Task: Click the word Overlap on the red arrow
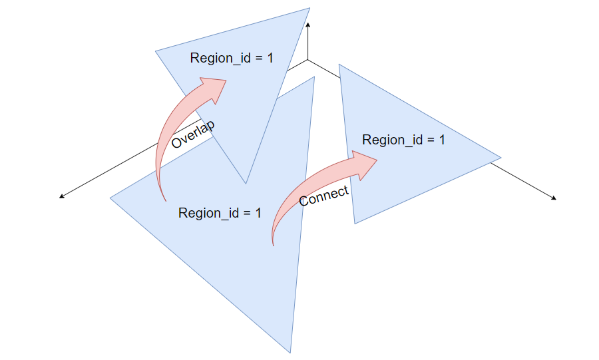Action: point(193,134)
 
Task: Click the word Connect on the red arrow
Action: point(324,196)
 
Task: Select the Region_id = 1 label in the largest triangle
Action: point(220,213)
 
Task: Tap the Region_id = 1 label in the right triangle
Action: point(403,140)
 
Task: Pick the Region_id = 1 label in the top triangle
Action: point(232,58)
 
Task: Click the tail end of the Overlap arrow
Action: point(164,200)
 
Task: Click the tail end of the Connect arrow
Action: point(274,245)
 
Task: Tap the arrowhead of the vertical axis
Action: point(308,24)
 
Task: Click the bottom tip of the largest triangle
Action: point(291,353)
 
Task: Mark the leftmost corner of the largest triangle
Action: point(110,198)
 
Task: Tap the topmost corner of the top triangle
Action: point(310,8)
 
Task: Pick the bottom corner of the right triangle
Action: point(355,223)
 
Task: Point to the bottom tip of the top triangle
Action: point(246,183)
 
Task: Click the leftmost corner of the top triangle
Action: point(156,51)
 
